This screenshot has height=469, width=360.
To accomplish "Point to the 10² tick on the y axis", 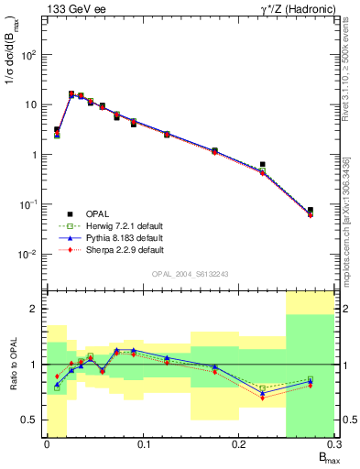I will pos(29,55).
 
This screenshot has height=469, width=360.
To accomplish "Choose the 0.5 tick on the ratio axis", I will pos(28,420).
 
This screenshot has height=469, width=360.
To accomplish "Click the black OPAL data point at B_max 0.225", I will pos(262,165).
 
